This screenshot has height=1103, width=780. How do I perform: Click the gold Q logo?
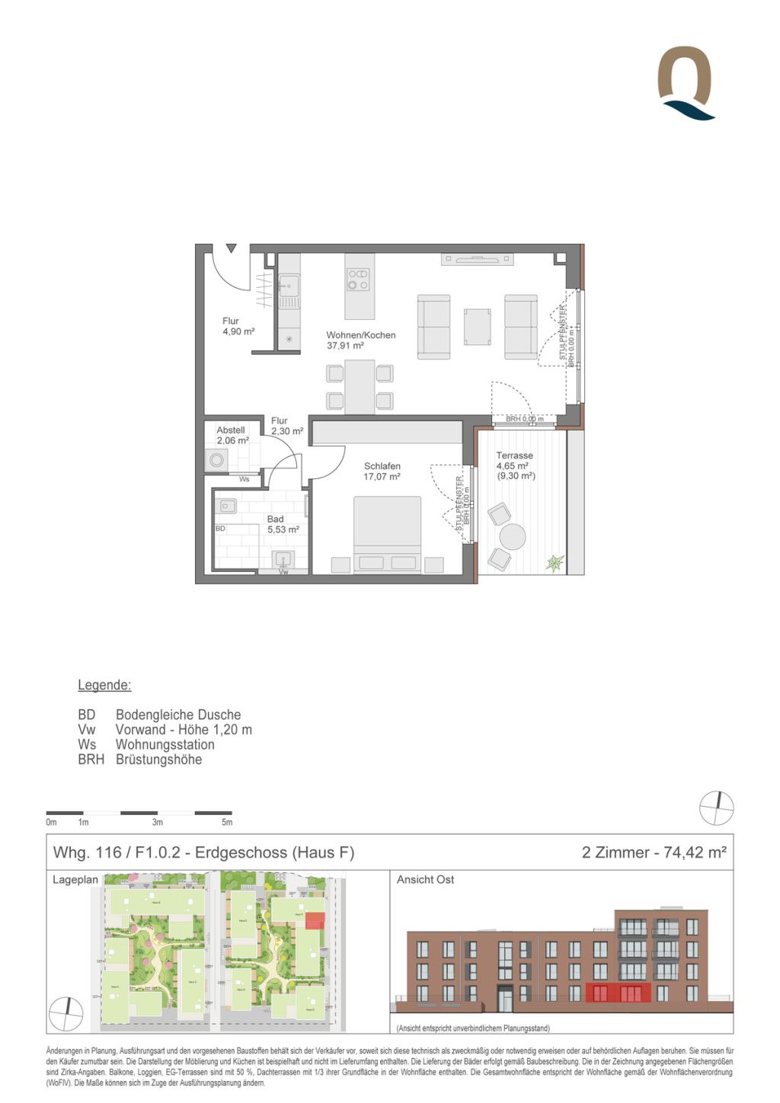685,82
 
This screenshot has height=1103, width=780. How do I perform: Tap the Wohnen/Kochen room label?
360,340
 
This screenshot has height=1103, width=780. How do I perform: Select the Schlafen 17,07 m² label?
382,472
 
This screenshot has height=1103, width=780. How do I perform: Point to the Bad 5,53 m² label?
282,524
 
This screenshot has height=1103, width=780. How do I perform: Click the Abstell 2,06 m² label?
232,435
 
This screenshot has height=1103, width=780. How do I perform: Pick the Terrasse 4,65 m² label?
515,465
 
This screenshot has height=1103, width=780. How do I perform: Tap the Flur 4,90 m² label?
237,326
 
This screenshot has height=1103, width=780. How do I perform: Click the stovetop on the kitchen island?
358,280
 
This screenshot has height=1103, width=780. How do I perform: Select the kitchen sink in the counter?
288,286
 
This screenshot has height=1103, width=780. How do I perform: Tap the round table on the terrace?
513,536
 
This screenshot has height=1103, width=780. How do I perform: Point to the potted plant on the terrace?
555,563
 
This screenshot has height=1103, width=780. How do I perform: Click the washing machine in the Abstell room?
217,460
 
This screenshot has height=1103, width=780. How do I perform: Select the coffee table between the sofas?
477,326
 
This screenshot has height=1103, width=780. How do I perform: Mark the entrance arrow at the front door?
231,248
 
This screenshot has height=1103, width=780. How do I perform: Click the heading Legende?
104,685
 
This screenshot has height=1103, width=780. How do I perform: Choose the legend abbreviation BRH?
91,759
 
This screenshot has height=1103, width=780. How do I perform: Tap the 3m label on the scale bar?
157,822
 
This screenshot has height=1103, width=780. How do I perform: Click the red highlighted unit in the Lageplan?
315,920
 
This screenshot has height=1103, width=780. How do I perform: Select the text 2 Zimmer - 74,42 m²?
654,852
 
